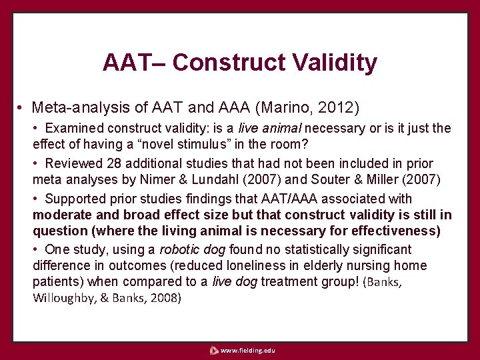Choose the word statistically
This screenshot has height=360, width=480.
click(x=313, y=249)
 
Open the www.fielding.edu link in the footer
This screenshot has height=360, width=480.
click(x=247, y=350)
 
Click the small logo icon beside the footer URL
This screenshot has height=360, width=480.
click(x=213, y=350)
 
